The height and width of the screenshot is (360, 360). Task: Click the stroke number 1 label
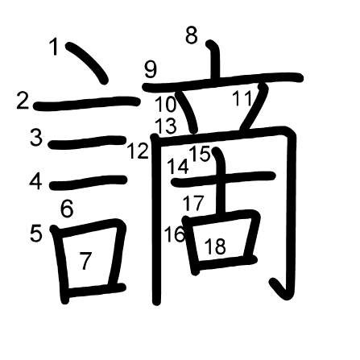pos(55,47)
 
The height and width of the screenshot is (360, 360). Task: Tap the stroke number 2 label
pos(23,100)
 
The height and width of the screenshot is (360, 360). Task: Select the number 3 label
pos(36,137)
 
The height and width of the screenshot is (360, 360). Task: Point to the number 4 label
pos(35,181)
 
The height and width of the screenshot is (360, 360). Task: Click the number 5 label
pos(36,233)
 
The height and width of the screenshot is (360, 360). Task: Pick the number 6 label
pos(67,209)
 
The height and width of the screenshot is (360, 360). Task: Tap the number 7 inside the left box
pos(85,261)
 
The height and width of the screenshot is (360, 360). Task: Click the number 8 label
pos(192,35)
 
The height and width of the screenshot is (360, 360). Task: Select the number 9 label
pos(151,69)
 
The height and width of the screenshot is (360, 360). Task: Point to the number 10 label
pos(166,104)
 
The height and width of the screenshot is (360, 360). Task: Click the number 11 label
pos(242,98)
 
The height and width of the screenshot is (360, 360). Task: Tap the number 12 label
pos(138,151)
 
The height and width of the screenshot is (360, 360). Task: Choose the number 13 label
pos(167,126)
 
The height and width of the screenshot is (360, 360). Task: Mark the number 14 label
pos(178,167)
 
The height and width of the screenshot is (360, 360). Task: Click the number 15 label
pos(200,154)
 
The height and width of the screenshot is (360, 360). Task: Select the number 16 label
pos(175,234)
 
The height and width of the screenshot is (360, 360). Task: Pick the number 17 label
pos(193,203)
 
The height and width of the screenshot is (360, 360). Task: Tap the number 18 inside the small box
pos(215,246)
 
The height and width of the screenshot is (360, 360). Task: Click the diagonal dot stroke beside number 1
pos(86,62)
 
